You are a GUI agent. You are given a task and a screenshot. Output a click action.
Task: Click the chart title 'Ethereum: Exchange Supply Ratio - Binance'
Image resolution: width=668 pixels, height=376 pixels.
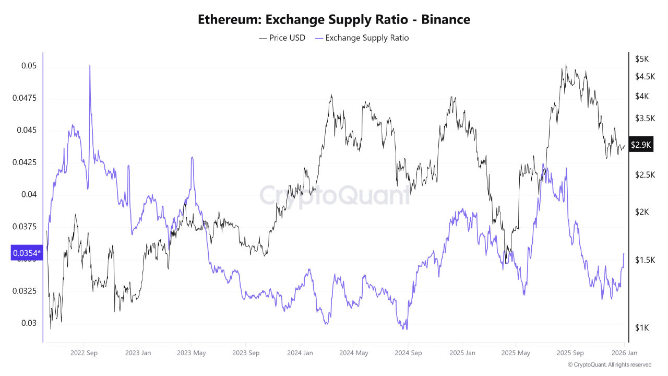pos(334,20)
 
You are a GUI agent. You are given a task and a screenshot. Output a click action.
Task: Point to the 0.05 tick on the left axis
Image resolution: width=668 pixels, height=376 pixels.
pos(29,66)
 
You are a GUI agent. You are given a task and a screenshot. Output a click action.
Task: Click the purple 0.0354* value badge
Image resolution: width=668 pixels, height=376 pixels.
pos(26,253)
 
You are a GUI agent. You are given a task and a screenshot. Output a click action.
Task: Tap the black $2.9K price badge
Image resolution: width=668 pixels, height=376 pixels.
pos(641,145)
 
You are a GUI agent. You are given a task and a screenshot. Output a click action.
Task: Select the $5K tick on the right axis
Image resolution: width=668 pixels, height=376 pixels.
pos(641,59)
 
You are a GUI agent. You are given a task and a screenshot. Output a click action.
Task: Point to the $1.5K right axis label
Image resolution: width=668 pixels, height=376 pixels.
pos(644,260)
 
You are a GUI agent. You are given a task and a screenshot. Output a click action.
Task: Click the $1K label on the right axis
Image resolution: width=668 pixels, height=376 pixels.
pos(641,327)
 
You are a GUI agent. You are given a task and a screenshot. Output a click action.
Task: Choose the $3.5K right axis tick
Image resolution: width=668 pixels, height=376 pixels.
pos(644,119)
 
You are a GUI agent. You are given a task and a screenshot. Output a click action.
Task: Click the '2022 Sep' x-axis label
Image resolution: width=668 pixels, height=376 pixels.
pos(85,353)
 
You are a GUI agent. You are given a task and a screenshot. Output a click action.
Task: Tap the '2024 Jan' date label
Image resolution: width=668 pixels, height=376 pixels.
pos(300,353)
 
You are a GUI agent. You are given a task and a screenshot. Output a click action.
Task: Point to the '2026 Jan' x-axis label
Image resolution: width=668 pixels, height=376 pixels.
pos(624,353)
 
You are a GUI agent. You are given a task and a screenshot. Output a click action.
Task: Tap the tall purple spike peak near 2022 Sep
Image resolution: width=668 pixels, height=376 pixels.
pos(90,66)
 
